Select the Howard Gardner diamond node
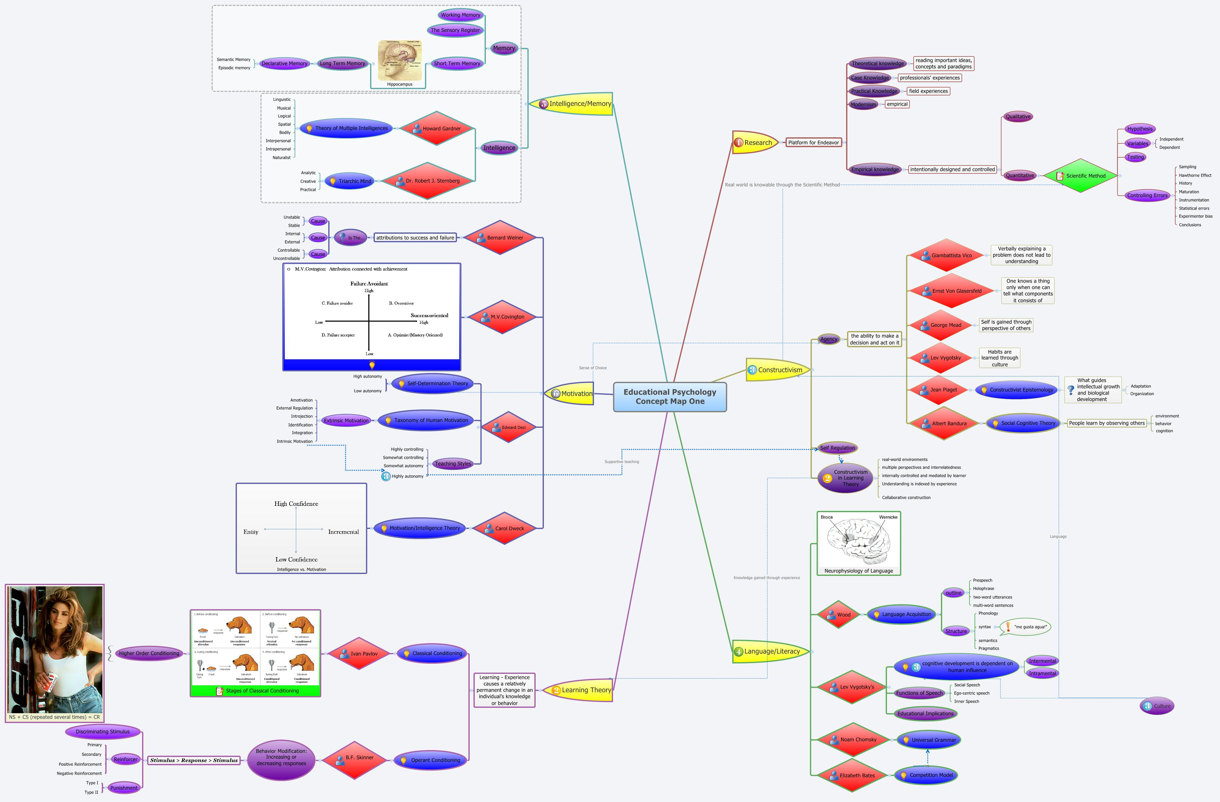(436, 129)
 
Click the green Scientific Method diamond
(1080, 176)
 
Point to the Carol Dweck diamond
(505, 528)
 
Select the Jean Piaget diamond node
(939, 390)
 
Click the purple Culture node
(1157, 706)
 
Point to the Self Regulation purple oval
(838, 448)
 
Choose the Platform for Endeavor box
(813, 142)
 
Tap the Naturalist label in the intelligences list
(281, 157)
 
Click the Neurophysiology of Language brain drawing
(858, 541)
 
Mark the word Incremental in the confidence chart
(343, 532)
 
